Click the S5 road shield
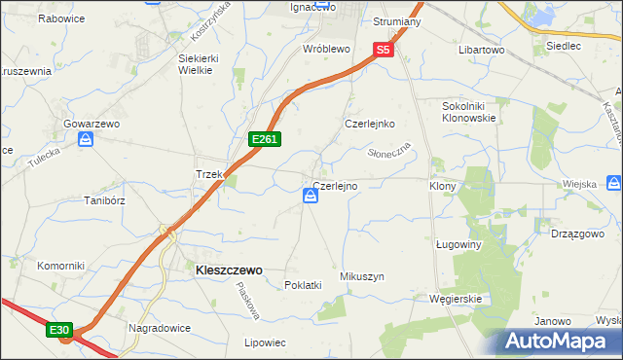coord(383,50)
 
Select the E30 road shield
coord(59,331)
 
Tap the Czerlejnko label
coord(369,124)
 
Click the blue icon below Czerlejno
coord(310,198)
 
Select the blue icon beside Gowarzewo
coord(86,140)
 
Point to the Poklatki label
coord(302,285)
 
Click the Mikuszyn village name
coord(361,276)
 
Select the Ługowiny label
coord(458,245)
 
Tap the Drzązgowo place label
coord(581,234)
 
